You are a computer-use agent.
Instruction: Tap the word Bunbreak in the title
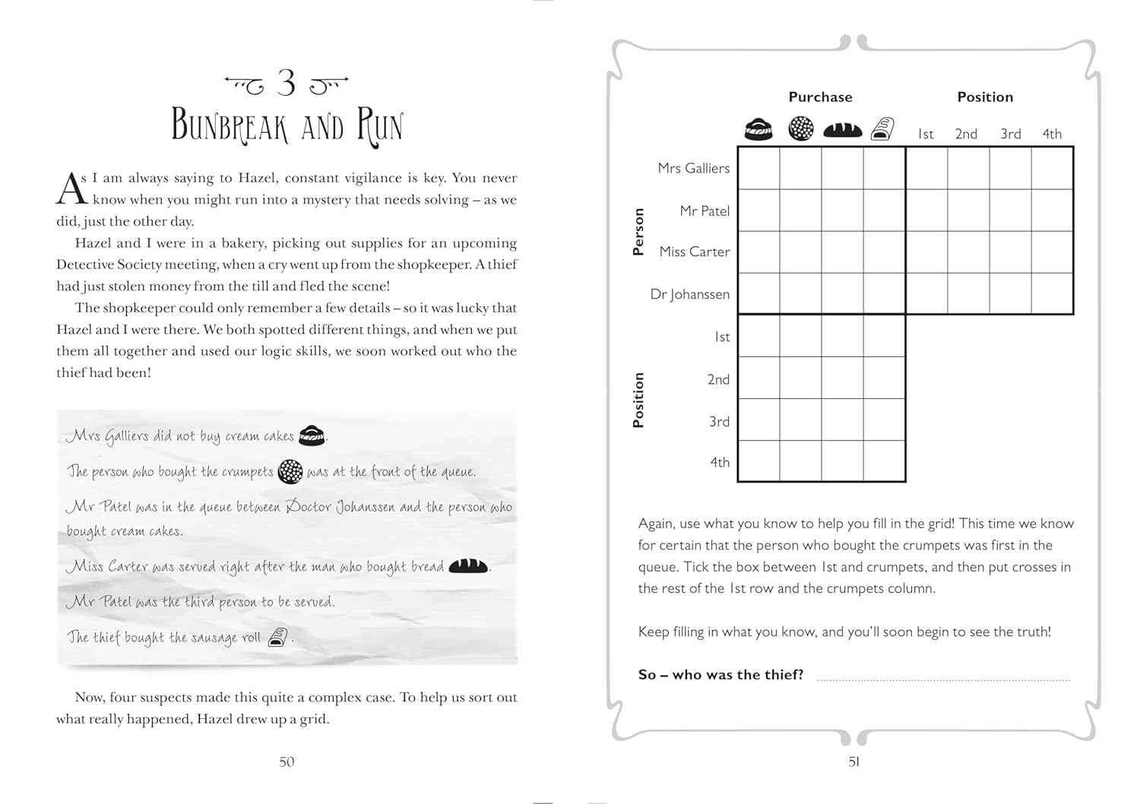pos(230,126)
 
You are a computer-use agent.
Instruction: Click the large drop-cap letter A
pos(71,189)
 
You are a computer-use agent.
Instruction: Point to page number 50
pos(287,761)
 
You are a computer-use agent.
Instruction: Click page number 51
pos(853,761)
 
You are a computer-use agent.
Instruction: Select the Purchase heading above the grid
pos(820,97)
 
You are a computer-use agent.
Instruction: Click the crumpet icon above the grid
pos(801,129)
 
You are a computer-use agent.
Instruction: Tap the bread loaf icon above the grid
pos(843,130)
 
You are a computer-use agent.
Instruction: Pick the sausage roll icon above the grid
pos(882,129)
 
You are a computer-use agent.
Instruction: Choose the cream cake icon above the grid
pos(758,130)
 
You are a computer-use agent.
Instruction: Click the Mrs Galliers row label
pos(693,169)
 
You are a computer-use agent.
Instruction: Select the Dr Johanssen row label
pos(689,294)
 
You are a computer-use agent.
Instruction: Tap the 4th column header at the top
pos(1052,135)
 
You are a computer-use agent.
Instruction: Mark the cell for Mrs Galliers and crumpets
pos(801,169)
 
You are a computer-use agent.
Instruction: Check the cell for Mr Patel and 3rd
pos(1010,210)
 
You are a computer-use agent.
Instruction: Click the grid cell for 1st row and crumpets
pos(801,336)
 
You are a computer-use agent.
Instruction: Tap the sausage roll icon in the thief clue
pos(278,637)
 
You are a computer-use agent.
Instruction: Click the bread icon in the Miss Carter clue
pos(467,566)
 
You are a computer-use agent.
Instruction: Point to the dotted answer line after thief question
pos(942,678)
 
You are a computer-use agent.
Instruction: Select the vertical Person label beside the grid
pos(638,232)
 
